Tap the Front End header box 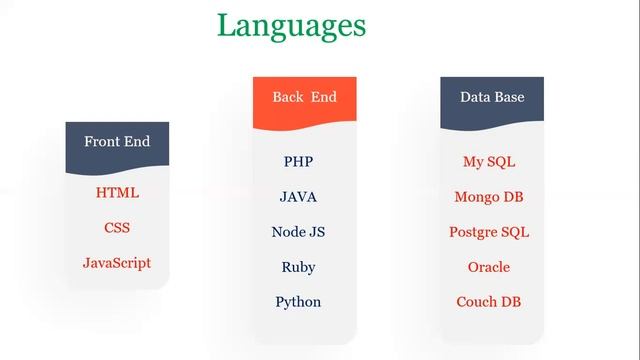click(x=117, y=145)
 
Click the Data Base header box click(x=492, y=100)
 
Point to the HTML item click(x=117, y=192)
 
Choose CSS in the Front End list click(x=117, y=228)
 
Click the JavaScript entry click(x=117, y=263)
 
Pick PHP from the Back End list click(x=298, y=161)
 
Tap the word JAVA click(x=298, y=197)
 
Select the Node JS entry click(x=298, y=232)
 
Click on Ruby click(x=298, y=267)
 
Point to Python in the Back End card click(x=298, y=302)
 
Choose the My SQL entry click(x=489, y=161)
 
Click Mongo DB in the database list click(x=489, y=197)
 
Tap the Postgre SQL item click(x=489, y=232)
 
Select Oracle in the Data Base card click(x=489, y=267)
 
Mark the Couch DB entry click(x=489, y=302)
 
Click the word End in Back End click(x=324, y=97)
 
